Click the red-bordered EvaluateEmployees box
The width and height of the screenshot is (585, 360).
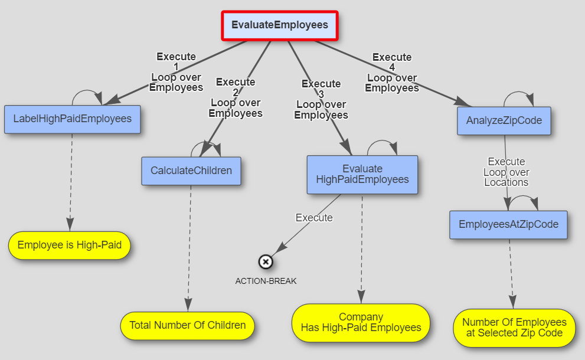point(280,25)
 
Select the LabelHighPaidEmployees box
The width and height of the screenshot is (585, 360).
point(73,119)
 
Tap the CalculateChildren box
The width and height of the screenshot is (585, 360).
point(191,171)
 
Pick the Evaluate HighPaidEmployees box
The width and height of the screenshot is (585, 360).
point(362,174)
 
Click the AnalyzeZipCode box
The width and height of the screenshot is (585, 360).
point(504,120)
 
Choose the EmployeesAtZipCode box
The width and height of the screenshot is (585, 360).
point(508,225)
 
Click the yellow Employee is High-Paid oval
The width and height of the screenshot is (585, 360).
point(70,245)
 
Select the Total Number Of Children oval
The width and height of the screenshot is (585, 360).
point(187,325)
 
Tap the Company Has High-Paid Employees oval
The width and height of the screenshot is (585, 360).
point(361,322)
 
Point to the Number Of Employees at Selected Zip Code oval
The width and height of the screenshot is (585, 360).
point(514,328)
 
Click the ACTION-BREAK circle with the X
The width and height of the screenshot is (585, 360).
point(266,262)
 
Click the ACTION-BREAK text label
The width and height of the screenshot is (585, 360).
point(266,281)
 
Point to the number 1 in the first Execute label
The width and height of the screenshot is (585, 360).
point(176,67)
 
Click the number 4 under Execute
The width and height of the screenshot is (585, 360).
point(392,67)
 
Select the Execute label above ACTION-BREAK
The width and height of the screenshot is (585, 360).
point(314,218)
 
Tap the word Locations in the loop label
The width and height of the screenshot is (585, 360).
point(506,182)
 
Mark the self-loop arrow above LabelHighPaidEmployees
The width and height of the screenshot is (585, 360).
point(87,91)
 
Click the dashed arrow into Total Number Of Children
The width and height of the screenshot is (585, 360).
point(189,248)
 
